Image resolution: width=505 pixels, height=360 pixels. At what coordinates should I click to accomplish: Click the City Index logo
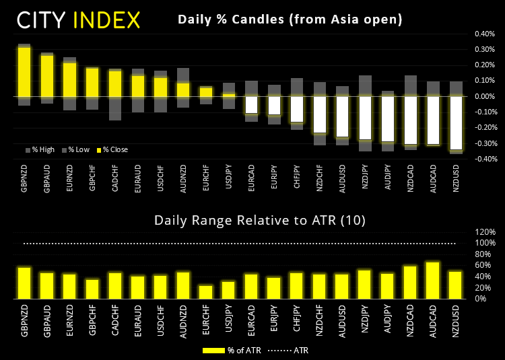[x=79, y=20]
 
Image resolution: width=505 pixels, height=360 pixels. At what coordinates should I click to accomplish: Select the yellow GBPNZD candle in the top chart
[x=24, y=71]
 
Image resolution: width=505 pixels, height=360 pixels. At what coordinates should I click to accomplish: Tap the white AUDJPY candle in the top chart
[x=387, y=119]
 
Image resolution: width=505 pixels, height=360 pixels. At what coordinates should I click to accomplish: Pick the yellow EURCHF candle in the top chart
[x=206, y=92]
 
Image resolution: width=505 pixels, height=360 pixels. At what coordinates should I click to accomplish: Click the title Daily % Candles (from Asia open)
[x=290, y=20]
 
